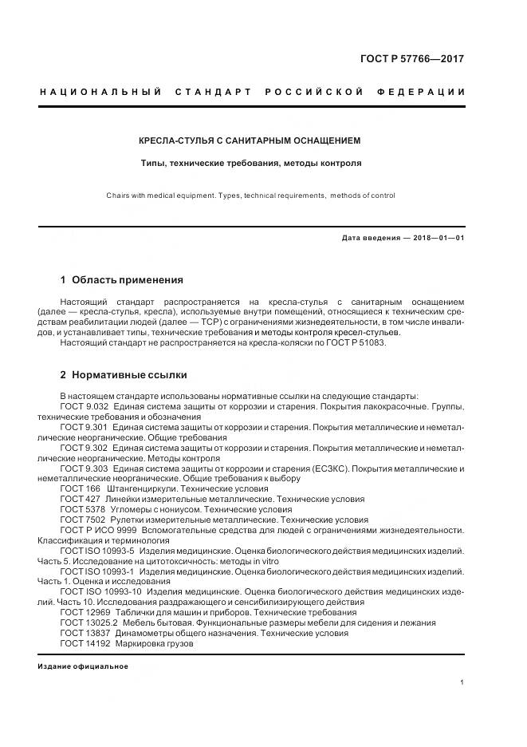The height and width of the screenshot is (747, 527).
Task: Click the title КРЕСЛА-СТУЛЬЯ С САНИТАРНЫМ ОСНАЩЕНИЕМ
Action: [250, 140]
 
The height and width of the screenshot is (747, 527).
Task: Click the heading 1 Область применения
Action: [121, 280]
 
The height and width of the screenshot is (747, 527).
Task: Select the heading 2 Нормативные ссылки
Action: [124, 374]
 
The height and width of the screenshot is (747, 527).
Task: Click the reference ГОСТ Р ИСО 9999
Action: [98, 530]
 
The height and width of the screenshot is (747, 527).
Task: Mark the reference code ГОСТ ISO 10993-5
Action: [97, 551]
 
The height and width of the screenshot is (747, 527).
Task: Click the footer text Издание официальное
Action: [83, 666]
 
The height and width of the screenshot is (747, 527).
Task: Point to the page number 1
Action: [462, 682]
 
